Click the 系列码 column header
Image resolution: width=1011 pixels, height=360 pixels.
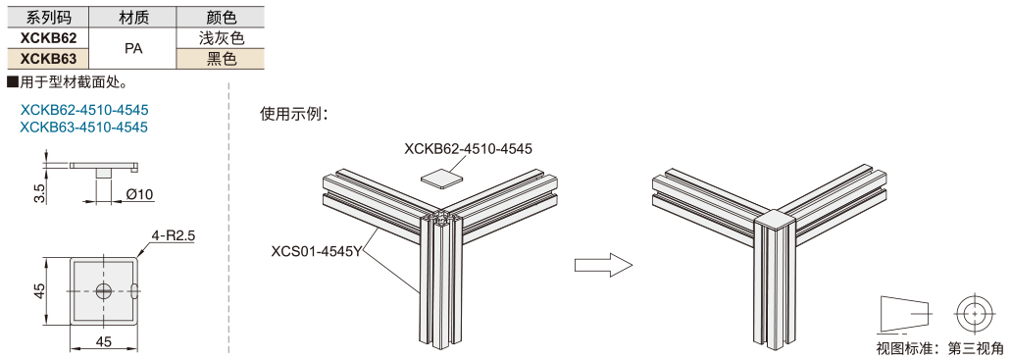click(47, 18)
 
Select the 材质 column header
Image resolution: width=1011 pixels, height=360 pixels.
click(133, 18)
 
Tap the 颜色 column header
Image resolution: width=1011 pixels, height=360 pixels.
click(223, 18)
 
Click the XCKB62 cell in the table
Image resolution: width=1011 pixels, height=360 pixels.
click(48, 38)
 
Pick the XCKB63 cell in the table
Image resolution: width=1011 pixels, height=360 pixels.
click(48, 59)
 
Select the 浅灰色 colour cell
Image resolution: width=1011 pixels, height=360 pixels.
click(223, 38)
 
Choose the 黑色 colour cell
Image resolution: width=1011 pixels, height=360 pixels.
click(223, 59)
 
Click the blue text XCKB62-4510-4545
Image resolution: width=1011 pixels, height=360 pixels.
click(84, 110)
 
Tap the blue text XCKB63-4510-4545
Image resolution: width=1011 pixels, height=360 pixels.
click(84, 127)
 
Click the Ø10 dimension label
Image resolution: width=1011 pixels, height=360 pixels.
click(140, 194)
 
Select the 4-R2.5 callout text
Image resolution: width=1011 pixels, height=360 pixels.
click(173, 235)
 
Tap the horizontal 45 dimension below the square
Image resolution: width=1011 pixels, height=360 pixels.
click(104, 341)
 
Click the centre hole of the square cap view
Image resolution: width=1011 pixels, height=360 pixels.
click(104, 290)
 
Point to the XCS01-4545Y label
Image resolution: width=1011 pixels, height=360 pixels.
click(317, 251)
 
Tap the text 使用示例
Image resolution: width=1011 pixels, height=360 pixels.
click(293, 113)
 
